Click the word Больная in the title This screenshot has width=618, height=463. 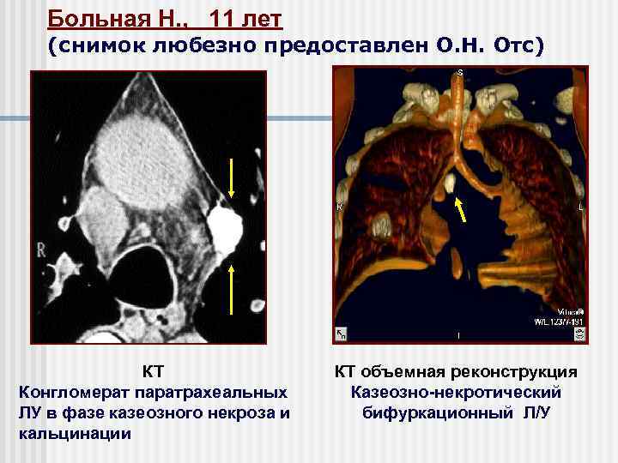88,17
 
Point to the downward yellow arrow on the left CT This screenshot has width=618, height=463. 232,179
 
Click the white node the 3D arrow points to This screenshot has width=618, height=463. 451,182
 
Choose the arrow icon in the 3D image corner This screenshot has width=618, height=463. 340,335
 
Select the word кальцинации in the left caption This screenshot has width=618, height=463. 74,433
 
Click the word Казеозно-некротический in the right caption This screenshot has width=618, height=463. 456,393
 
